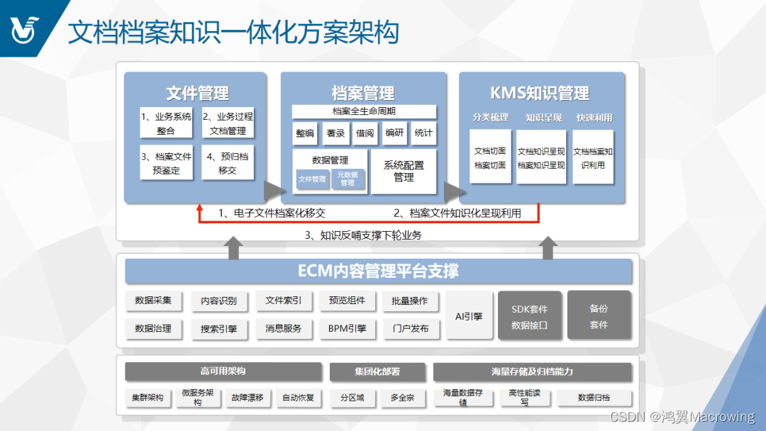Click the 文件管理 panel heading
[197, 93]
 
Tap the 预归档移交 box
[228, 164]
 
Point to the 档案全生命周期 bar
[364, 111]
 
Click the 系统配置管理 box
[404, 171]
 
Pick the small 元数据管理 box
[348, 179]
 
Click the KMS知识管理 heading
[540, 93]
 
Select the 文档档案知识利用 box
[593, 157]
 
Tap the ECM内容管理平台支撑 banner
[378, 271]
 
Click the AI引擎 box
[468, 315]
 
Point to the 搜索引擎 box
[218, 329]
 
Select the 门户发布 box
[410, 329]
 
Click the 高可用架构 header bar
[223, 371]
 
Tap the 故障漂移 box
[247, 398]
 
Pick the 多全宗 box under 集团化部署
[402, 398]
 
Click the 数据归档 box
[594, 398]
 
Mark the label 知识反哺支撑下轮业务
[363, 235]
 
